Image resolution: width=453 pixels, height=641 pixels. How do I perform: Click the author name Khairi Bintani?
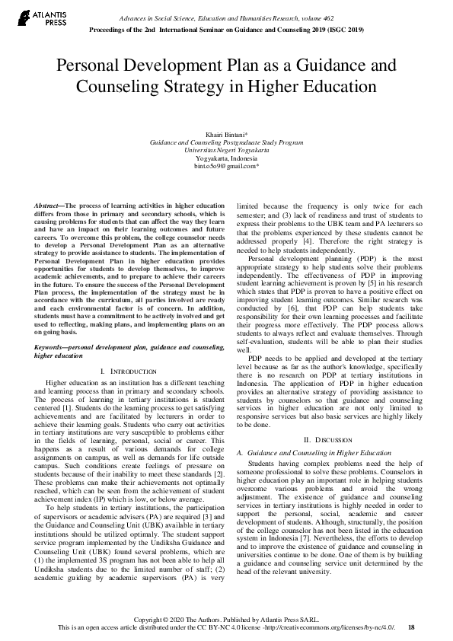click(x=227, y=134)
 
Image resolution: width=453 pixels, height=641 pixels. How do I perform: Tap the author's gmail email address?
click(x=227, y=165)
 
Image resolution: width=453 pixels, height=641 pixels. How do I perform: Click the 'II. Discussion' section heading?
click(x=327, y=440)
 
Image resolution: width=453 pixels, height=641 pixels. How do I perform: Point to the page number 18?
click(x=412, y=627)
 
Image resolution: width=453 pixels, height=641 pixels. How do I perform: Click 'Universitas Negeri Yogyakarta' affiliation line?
click(x=227, y=150)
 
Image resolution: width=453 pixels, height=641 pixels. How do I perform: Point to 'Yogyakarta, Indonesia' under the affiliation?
click(x=227, y=158)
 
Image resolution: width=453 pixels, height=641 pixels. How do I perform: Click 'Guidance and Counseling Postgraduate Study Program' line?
click(x=227, y=142)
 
